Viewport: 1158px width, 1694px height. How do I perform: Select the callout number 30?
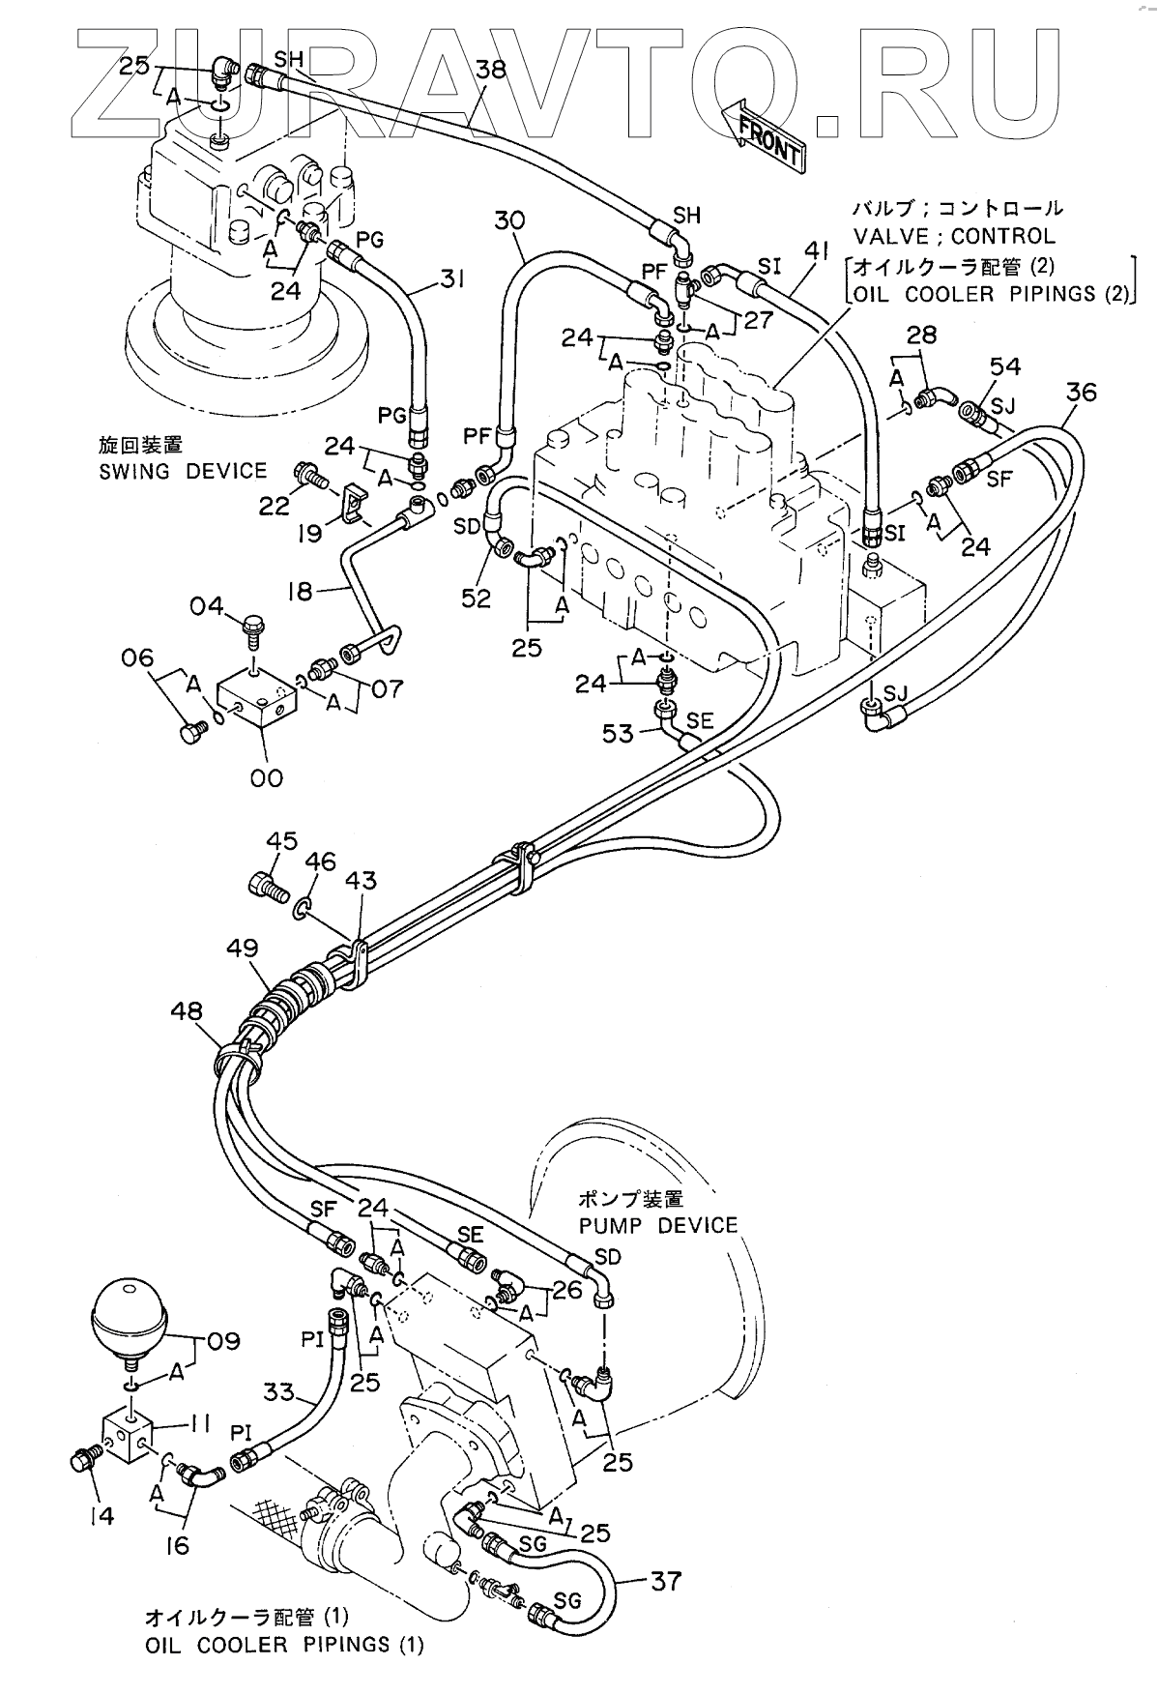510,220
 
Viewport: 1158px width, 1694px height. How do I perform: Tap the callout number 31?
451,279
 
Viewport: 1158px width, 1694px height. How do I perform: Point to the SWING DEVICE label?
182,472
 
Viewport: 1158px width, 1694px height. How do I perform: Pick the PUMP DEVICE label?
657,1226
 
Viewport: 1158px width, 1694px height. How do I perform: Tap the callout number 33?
279,1393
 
